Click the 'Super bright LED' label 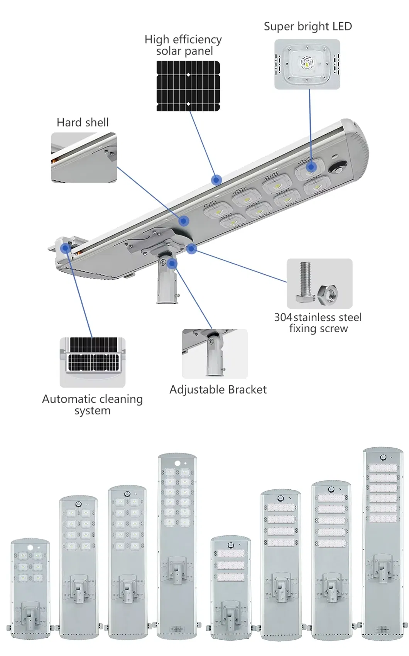pyautogui.click(x=308, y=27)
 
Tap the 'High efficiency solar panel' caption pyautogui.click(x=183, y=45)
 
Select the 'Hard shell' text pyautogui.click(x=83, y=123)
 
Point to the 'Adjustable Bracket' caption pyautogui.click(x=218, y=390)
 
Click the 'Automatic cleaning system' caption pyautogui.click(x=92, y=404)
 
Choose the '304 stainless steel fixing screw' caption pyautogui.click(x=318, y=323)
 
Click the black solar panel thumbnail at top pyautogui.click(x=188, y=86)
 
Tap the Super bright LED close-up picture pyautogui.click(x=307, y=64)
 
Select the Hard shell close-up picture pyautogui.click(x=84, y=157)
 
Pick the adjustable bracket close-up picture pyautogui.click(x=215, y=354)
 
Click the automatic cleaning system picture pyautogui.click(x=93, y=362)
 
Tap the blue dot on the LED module pyautogui.click(x=312, y=167)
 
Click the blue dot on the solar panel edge pyautogui.click(x=217, y=179)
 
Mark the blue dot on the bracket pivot pyautogui.click(x=172, y=264)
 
